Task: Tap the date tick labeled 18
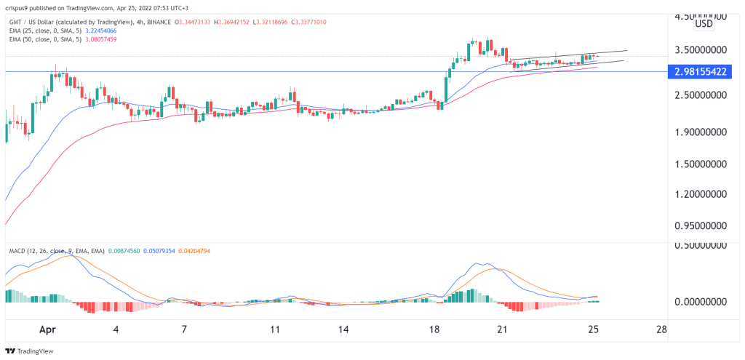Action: (x=435, y=329)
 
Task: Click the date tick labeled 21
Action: (x=501, y=329)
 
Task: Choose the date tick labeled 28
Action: (x=661, y=329)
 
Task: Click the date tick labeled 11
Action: (x=275, y=329)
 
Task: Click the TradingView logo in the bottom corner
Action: (x=28, y=351)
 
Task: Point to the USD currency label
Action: (x=704, y=24)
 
